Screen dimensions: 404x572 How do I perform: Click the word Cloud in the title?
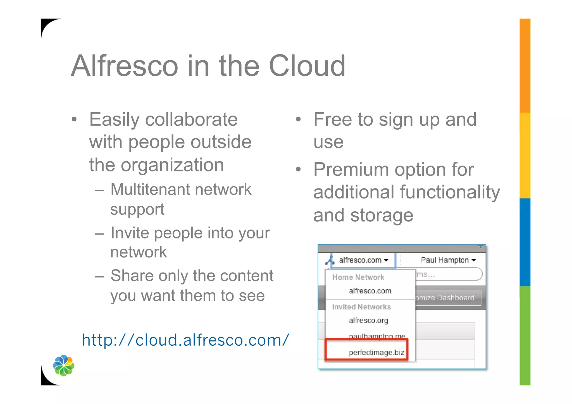click(x=307, y=66)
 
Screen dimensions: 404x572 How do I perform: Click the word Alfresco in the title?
click(x=125, y=66)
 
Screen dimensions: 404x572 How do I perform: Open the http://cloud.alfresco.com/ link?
click(x=185, y=340)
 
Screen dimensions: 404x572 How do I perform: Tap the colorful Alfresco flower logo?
click(x=64, y=365)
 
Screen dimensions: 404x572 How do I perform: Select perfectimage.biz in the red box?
click(x=376, y=352)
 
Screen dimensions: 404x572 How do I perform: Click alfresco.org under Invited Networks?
click(x=368, y=320)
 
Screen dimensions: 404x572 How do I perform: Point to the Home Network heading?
click(x=358, y=277)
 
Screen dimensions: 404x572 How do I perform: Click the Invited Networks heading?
click(x=361, y=307)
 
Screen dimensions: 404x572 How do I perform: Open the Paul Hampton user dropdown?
click(x=448, y=260)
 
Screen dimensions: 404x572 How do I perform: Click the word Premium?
click(x=351, y=169)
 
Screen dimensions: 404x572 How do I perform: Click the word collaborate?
click(x=191, y=119)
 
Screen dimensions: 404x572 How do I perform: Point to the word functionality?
click(x=450, y=192)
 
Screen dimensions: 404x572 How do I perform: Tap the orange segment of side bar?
click(x=525, y=66)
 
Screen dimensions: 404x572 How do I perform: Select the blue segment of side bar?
click(x=525, y=242)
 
